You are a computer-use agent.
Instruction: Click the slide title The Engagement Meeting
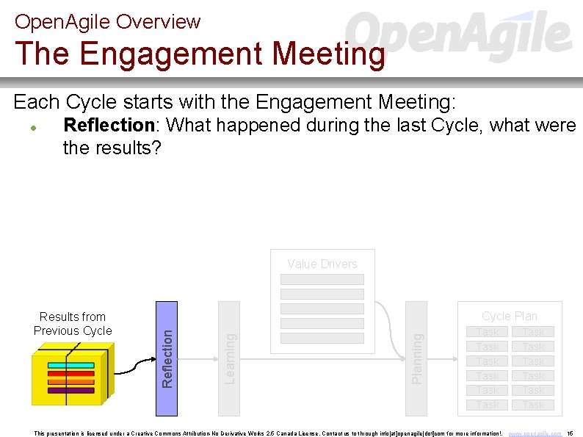(x=200, y=54)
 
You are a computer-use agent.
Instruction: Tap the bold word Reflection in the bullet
(x=109, y=126)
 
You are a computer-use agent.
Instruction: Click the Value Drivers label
(x=322, y=264)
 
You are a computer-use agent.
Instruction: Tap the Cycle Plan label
(x=510, y=316)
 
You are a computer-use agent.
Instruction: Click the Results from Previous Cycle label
(x=73, y=324)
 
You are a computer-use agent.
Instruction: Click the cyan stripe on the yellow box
(x=70, y=365)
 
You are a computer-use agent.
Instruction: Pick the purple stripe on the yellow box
(x=70, y=390)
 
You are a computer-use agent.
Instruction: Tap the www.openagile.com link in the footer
(x=535, y=433)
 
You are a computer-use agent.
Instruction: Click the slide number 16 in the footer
(x=571, y=433)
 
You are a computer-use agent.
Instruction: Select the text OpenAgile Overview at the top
(x=107, y=21)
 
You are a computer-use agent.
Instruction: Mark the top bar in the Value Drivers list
(x=322, y=279)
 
